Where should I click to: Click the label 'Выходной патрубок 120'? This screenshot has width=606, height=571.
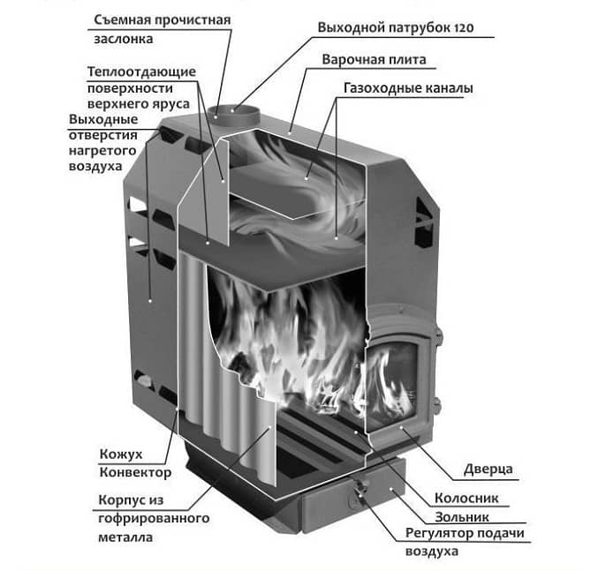pyautogui.click(x=395, y=28)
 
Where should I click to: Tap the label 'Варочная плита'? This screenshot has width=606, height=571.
pyautogui.click(x=385, y=60)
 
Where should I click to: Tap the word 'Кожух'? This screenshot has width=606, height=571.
pyautogui.click(x=118, y=453)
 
